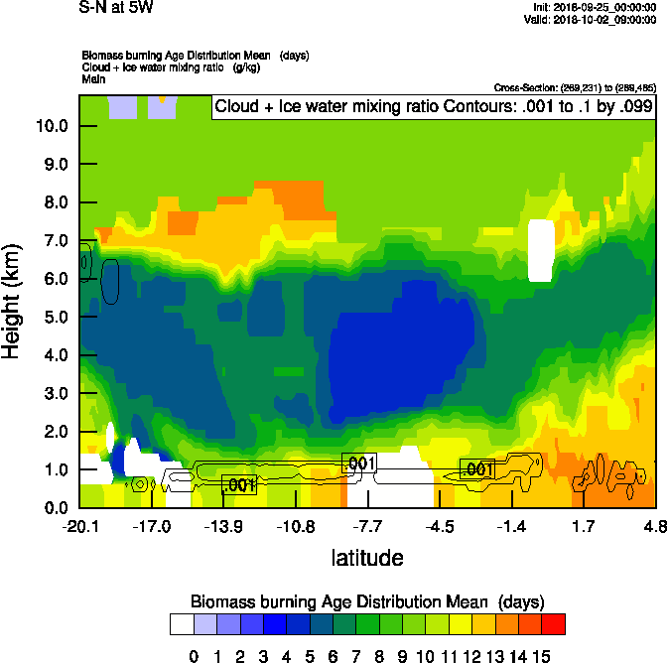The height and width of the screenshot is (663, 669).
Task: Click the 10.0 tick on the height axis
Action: [52, 126]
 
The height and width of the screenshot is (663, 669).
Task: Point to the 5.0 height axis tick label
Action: [52, 317]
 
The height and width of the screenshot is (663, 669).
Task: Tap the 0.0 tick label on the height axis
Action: [52, 508]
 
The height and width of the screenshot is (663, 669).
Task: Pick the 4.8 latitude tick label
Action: [654, 526]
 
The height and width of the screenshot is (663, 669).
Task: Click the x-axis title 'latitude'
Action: [366, 558]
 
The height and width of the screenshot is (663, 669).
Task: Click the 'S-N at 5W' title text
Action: [116, 7]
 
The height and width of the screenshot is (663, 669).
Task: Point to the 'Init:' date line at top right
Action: [595, 7]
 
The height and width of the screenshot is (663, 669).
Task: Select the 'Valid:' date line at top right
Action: [593, 19]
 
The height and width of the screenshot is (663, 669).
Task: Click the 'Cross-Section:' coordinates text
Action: [573, 88]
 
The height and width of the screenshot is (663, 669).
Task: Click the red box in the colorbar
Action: [554, 623]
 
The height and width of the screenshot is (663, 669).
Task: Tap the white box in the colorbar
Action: [182, 623]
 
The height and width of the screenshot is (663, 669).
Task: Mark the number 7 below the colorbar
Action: [355, 655]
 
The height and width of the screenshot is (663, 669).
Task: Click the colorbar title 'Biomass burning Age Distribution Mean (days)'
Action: [366, 601]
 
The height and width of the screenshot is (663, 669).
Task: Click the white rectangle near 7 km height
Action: [541, 251]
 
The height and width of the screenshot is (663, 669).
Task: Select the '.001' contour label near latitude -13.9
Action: [239, 485]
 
